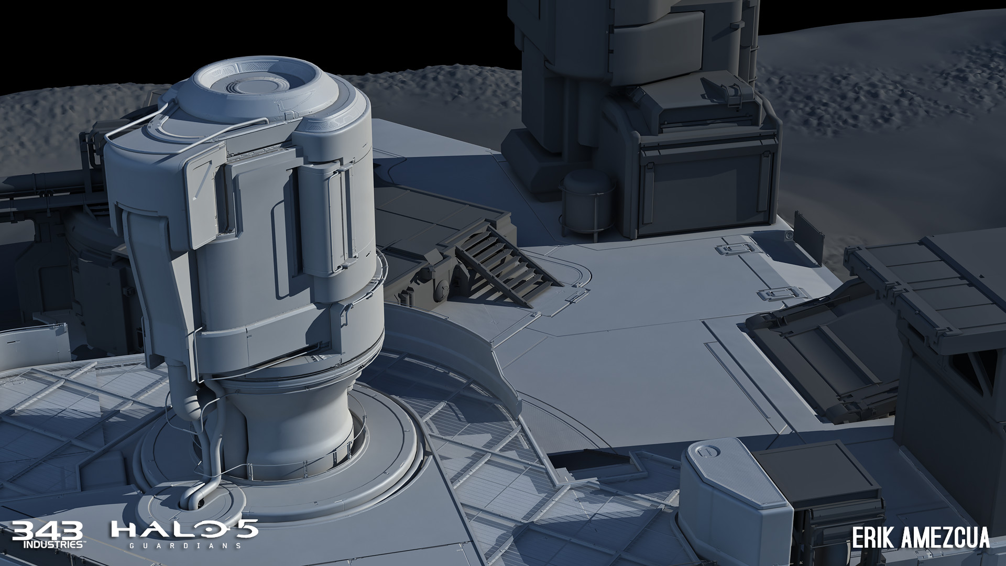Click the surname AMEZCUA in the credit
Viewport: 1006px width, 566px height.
tap(944, 538)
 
